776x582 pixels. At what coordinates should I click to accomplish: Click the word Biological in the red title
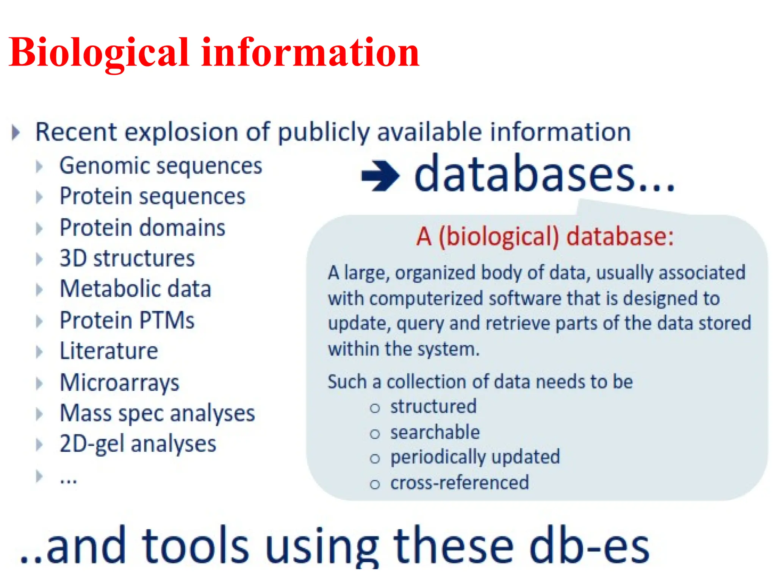pos(99,53)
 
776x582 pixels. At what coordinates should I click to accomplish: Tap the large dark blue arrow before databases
pos(380,175)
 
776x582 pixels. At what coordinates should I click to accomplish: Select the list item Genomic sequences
pos(161,166)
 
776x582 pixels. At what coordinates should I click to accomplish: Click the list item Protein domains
pos(142,228)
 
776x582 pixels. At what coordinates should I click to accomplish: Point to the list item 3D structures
pos(127,258)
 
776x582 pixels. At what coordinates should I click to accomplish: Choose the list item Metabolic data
pos(135,289)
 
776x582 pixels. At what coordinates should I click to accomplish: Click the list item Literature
pos(109,351)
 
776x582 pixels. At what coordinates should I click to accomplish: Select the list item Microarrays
pos(119,382)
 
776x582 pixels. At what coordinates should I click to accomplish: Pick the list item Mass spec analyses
pos(157,413)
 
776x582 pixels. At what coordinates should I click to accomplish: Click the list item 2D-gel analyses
pos(138,444)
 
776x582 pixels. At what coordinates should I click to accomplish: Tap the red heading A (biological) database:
pos(545,236)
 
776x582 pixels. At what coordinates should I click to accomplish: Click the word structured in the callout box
pos(433,407)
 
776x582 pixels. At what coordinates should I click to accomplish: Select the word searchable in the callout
pos(435,432)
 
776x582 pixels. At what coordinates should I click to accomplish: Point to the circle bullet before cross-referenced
pos(375,484)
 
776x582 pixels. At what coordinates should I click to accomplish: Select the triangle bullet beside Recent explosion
pos(16,132)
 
